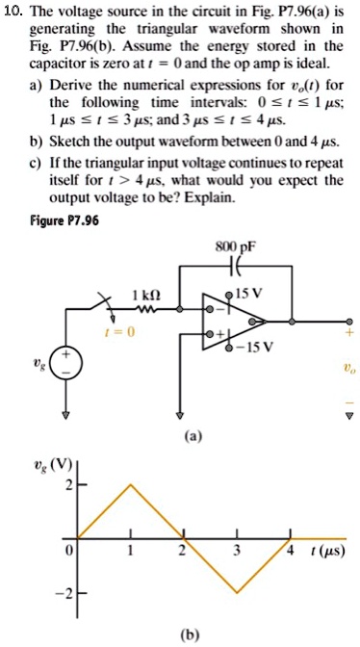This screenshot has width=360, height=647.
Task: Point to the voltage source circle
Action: (x=66, y=365)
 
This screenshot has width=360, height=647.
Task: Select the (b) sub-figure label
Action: (x=182, y=635)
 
